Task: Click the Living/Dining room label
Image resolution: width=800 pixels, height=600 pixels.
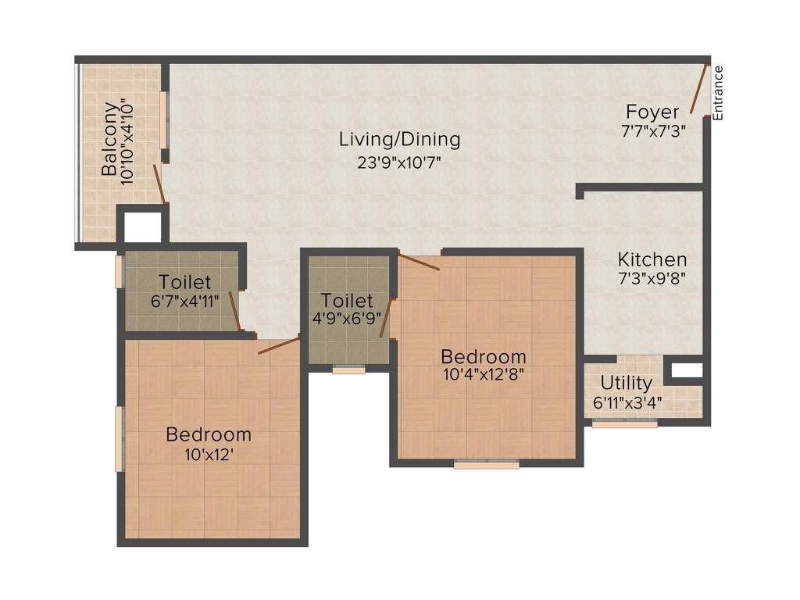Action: (x=399, y=140)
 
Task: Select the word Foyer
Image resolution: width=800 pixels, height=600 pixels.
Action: (x=652, y=112)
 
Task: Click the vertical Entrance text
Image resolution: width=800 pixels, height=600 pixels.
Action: (x=718, y=93)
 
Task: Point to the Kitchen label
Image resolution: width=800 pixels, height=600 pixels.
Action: (x=652, y=259)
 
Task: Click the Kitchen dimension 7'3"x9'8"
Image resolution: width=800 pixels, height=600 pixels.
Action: (x=652, y=278)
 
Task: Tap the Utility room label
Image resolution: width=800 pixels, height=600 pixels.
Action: (x=626, y=384)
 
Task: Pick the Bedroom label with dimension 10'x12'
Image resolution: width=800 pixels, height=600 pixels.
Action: (x=209, y=434)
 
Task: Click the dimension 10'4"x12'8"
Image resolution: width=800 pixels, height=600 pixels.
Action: (x=482, y=373)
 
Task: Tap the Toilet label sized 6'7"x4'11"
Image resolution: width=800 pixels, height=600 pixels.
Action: (x=184, y=281)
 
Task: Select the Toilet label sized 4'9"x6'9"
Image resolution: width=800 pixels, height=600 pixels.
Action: (x=347, y=301)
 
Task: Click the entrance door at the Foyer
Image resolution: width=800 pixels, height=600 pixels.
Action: (x=702, y=90)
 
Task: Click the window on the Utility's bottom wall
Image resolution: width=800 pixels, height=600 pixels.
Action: (x=624, y=424)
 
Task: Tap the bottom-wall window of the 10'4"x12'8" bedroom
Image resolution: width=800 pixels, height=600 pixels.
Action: (x=486, y=465)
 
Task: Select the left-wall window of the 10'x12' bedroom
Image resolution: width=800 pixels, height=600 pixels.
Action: (x=120, y=439)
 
